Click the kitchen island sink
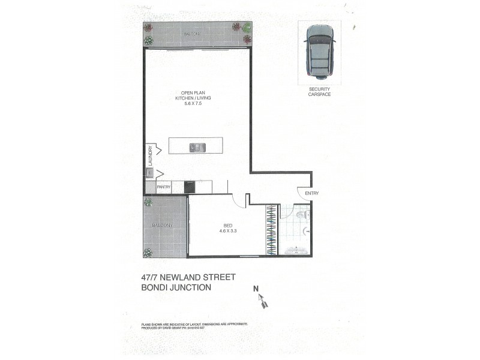196,147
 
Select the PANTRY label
164,187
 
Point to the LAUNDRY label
151,156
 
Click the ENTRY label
312,193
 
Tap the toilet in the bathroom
302,212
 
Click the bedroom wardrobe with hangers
272,230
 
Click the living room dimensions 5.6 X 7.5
193,103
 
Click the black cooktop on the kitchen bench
190,187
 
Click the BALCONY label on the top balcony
192,34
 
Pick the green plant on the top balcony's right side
247,27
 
